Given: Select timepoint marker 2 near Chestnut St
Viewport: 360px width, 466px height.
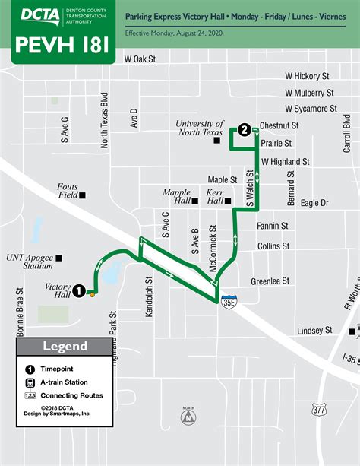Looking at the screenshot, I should coord(243,130).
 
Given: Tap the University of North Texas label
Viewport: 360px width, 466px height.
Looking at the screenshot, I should coord(200,128).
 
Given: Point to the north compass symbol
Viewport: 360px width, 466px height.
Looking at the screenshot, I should coord(187,416).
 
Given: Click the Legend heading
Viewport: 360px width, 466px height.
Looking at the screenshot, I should coord(65,347).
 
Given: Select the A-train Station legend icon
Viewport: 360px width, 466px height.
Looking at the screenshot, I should coord(30,382).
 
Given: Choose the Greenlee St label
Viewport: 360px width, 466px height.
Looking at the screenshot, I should coord(270,281).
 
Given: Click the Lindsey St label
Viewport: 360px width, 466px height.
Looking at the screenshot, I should coord(314,331).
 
